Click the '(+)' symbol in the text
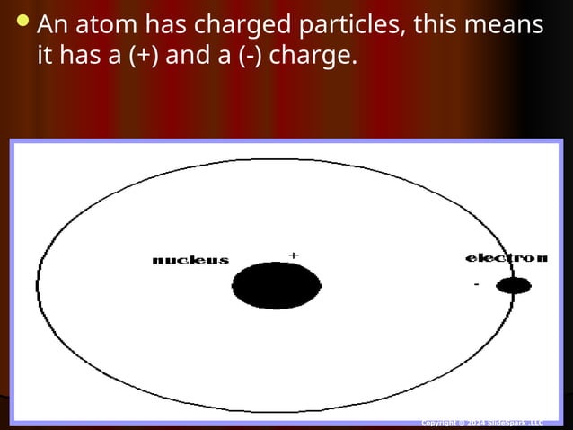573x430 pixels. coord(146,57)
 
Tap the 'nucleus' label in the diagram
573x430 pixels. coord(190,261)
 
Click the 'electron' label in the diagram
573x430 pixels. coord(506,258)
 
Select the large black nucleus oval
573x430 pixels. coord(276,286)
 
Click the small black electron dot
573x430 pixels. coord(513,286)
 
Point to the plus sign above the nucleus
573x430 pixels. coord(293,255)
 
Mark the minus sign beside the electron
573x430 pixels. coord(476,285)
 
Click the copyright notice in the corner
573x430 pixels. coord(482,422)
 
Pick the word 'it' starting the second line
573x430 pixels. coord(45,57)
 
